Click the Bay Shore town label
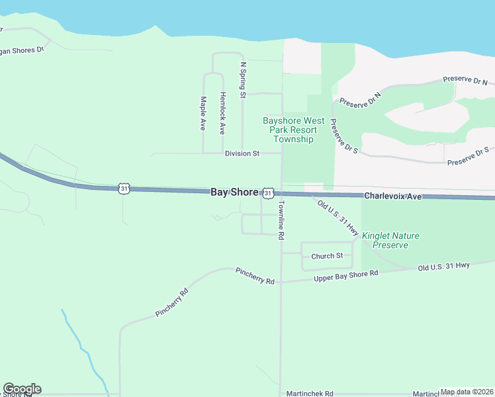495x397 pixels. coord(234,192)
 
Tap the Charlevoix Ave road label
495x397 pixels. coord(392,197)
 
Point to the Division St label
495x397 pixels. coord(242,154)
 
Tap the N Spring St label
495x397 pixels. coord(244,80)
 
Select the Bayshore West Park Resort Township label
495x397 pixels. coord(294,130)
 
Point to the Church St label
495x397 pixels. coord(327,256)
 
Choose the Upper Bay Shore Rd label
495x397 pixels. coord(345,275)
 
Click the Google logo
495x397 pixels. coord(22,389)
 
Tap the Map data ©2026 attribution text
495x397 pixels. coord(467,392)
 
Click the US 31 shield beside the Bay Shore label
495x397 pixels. coord(267,193)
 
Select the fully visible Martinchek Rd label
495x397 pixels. coord(309,393)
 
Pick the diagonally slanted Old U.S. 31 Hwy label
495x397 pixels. coord(337,219)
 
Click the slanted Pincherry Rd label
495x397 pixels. coord(172,302)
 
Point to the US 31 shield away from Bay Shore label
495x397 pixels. coord(124,189)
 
